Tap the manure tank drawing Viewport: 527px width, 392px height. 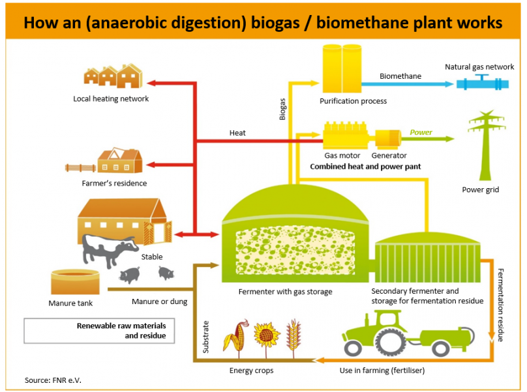click(x=75, y=282)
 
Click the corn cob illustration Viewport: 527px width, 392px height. click(x=237, y=337)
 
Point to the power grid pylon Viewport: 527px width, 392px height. click(x=486, y=145)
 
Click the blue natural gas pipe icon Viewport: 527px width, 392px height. click(x=482, y=83)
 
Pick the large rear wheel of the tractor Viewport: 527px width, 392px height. click(x=391, y=343)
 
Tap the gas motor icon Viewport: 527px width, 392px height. click(x=345, y=135)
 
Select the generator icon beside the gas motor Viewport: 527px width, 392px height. click(x=388, y=139)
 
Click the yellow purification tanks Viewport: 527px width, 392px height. click(x=342, y=68)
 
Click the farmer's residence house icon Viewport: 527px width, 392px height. click(x=120, y=160)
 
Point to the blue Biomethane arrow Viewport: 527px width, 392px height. click(x=408, y=84)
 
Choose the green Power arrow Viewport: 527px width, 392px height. click(x=427, y=139)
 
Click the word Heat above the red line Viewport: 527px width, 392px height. click(x=237, y=133)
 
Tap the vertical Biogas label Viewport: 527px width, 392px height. click(x=282, y=109)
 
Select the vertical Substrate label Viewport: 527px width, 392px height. click(x=205, y=337)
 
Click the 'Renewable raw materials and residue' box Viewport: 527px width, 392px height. click(x=99, y=331)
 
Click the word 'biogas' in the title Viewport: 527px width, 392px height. click(x=275, y=23)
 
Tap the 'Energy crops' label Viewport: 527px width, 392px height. click(x=251, y=371)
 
